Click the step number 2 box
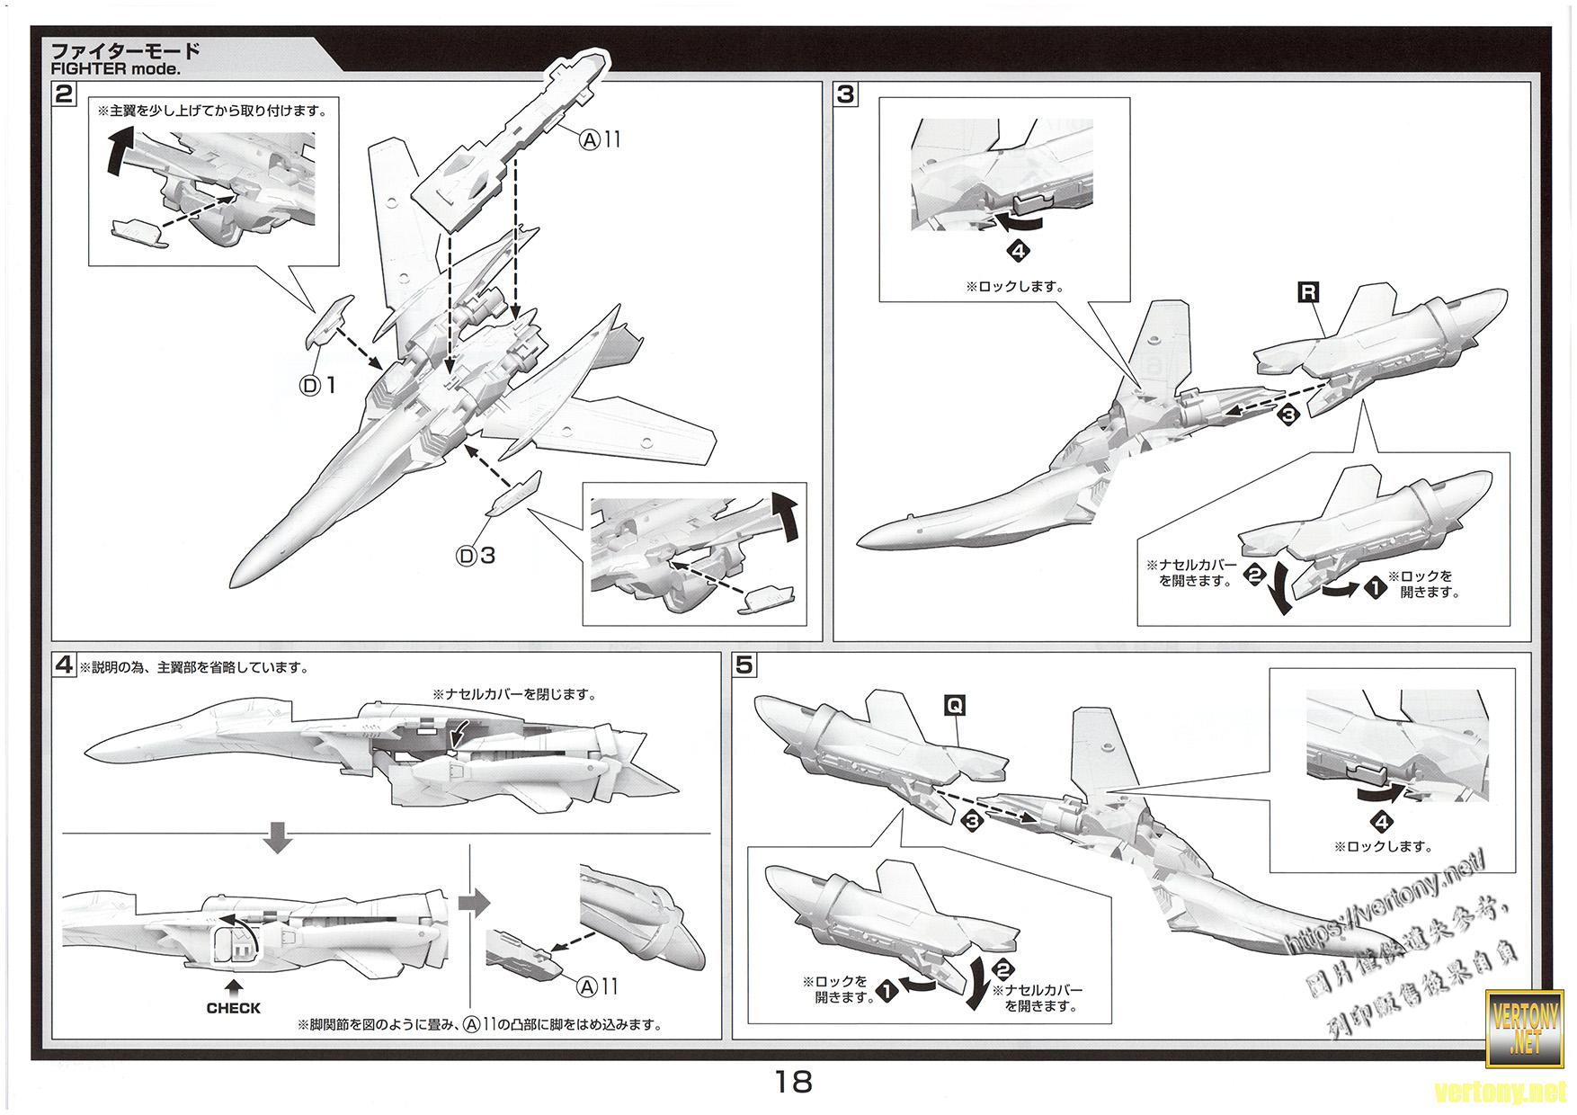coord(64,94)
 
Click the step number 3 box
coord(846,94)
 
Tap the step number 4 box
coord(64,665)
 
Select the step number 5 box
coord(744,665)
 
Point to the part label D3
coord(477,556)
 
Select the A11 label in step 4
coord(598,986)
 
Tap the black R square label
coord(1307,291)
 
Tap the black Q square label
coord(954,706)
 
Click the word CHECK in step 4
coord(233,1008)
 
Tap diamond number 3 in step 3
coord(1288,415)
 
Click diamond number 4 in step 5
coord(1382,821)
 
